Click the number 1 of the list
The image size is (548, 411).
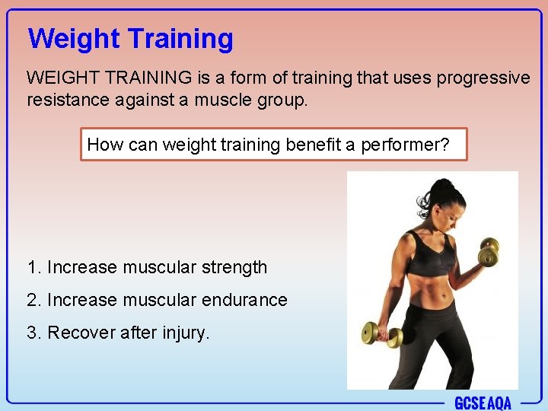[x=31, y=268]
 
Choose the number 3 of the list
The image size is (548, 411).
[x=31, y=333]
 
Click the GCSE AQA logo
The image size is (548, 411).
[x=483, y=402]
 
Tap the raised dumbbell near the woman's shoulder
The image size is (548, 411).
[x=488, y=252]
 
